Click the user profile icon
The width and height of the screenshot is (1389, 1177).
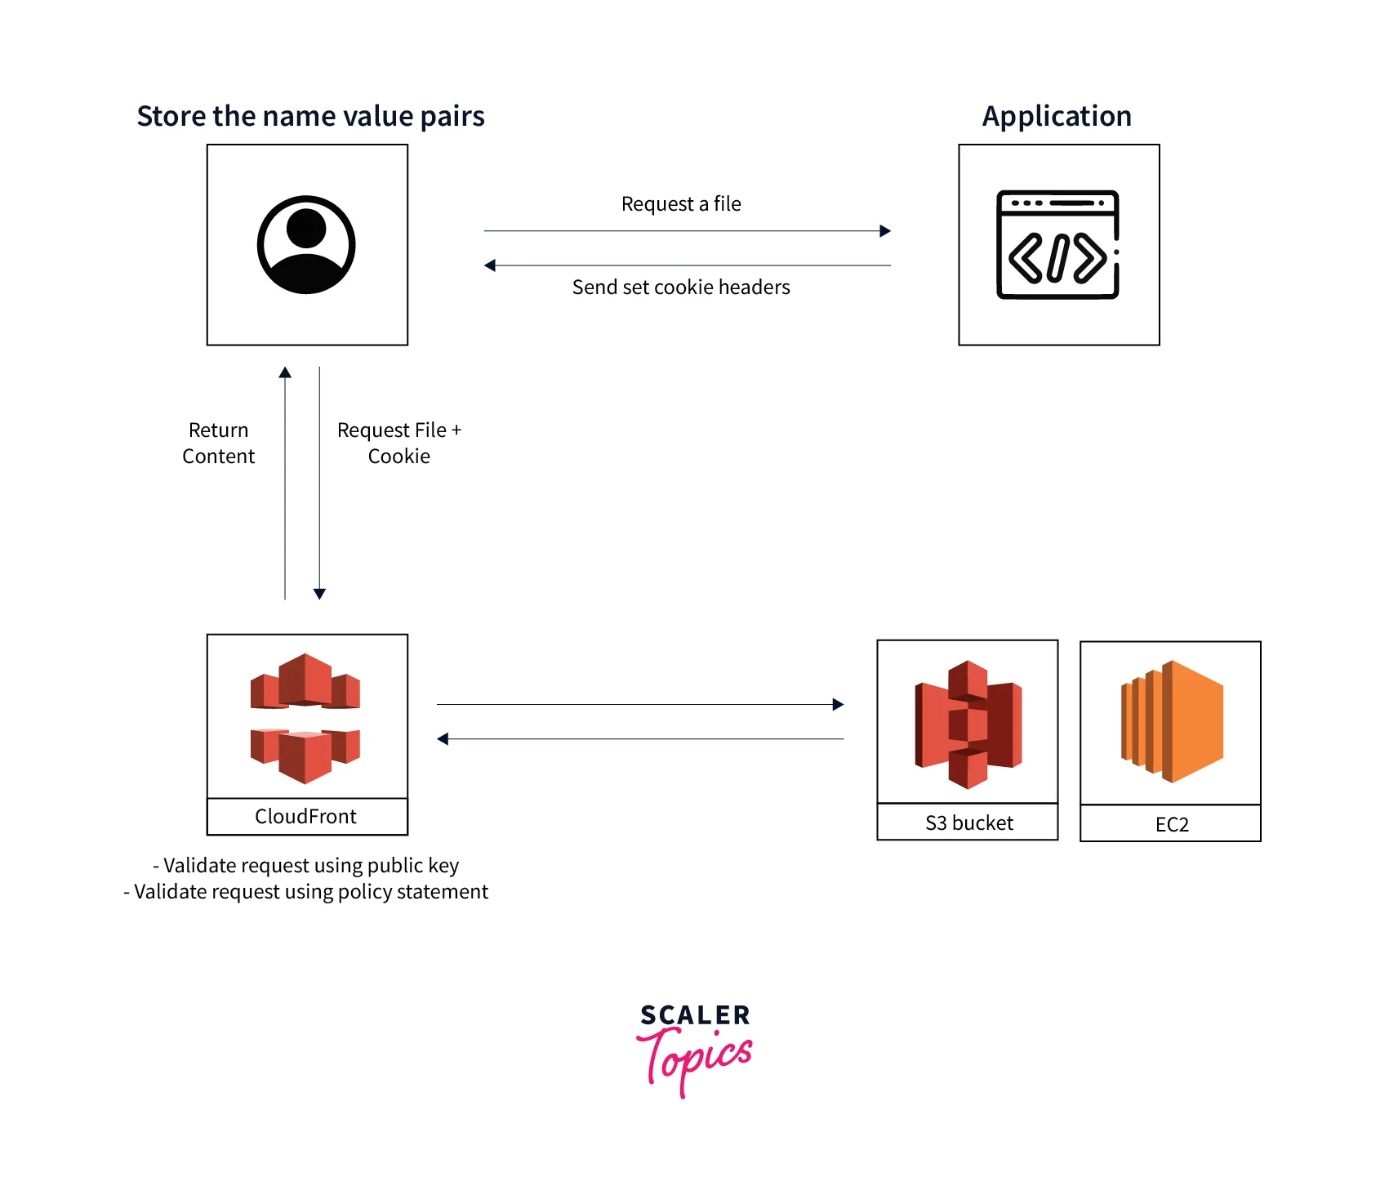tap(306, 244)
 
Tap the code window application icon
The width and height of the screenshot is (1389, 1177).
tap(1057, 244)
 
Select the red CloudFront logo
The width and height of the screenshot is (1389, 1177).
tap(305, 718)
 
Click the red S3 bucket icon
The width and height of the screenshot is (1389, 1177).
tap(968, 724)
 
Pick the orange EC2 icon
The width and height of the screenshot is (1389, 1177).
tap(1172, 722)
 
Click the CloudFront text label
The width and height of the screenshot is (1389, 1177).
tap(305, 817)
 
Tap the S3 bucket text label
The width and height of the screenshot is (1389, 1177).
tap(968, 823)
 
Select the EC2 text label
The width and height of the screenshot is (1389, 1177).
tap(1172, 825)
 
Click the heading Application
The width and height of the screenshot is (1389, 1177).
tap(1057, 116)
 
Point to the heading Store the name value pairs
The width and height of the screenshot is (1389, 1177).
tap(310, 116)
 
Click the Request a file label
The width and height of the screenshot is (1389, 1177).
tap(681, 204)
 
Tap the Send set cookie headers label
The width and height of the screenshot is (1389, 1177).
tap(681, 288)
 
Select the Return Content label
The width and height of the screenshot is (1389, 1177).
tap(218, 444)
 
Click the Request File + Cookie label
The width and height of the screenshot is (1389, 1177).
tap(399, 444)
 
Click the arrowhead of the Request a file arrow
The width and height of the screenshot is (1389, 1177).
tap(885, 231)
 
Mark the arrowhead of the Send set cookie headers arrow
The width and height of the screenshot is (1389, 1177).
tap(490, 265)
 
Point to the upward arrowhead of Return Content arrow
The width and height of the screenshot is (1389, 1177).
tap(285, 372)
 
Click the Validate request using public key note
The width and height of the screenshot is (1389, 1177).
tap(306, 866)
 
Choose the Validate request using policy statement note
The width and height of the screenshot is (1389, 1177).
tap(306, 892)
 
